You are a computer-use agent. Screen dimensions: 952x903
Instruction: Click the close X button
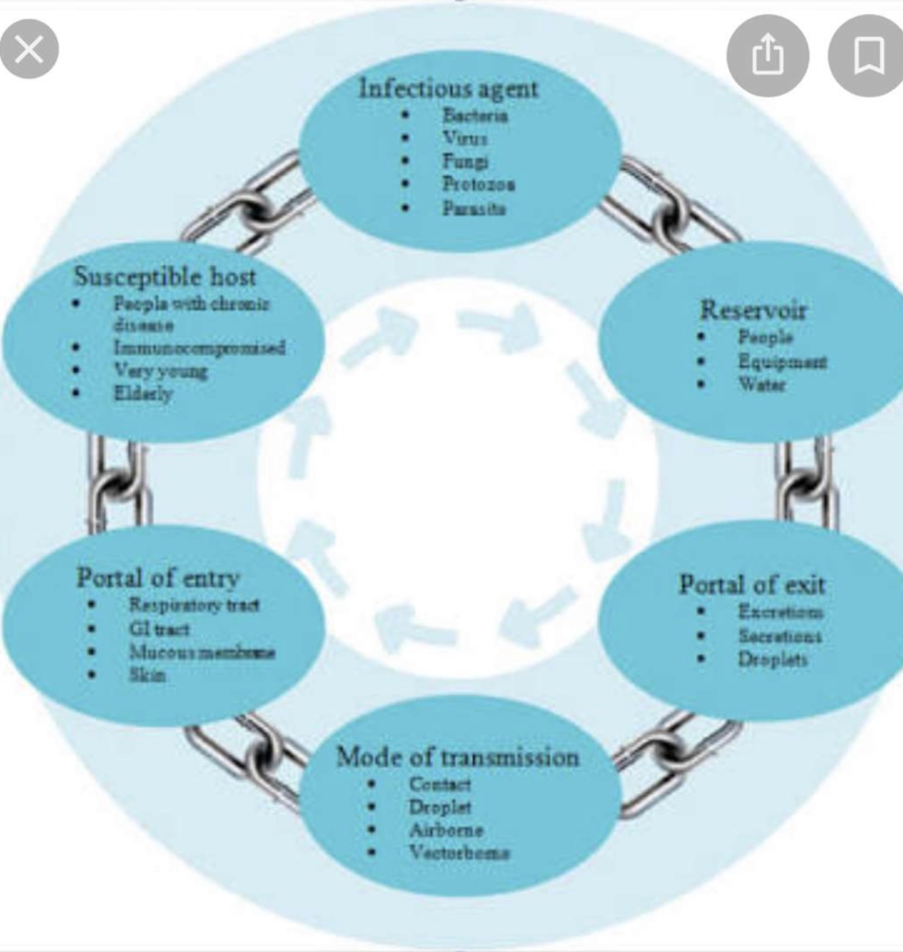click(29, 48)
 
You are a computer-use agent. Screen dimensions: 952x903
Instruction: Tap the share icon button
click(766, 56)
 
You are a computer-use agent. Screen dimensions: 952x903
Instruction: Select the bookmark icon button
click(868, 56)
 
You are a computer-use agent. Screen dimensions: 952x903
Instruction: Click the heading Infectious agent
click(448, 89)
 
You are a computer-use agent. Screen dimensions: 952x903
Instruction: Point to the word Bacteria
click(475, 115)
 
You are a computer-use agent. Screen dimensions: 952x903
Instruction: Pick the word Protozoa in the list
click(478, 184)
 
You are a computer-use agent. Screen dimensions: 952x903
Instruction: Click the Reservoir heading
click(752, 310)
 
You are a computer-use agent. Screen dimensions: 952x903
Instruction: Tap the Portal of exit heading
click(752, 585)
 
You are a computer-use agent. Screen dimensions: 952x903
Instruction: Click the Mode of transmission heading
click(457, 757)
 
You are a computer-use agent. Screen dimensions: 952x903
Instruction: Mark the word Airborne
click(446, 830)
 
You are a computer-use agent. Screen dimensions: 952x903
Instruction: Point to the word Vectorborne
click(459, 853)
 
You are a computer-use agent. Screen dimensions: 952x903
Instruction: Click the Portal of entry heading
click(158, 577)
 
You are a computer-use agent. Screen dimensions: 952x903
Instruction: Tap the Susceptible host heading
click(164, 276)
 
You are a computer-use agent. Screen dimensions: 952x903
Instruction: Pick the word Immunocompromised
click(199, 348)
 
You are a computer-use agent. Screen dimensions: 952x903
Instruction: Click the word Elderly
click(143, 394)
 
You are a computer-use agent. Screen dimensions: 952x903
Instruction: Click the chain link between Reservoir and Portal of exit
click(805, 482)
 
